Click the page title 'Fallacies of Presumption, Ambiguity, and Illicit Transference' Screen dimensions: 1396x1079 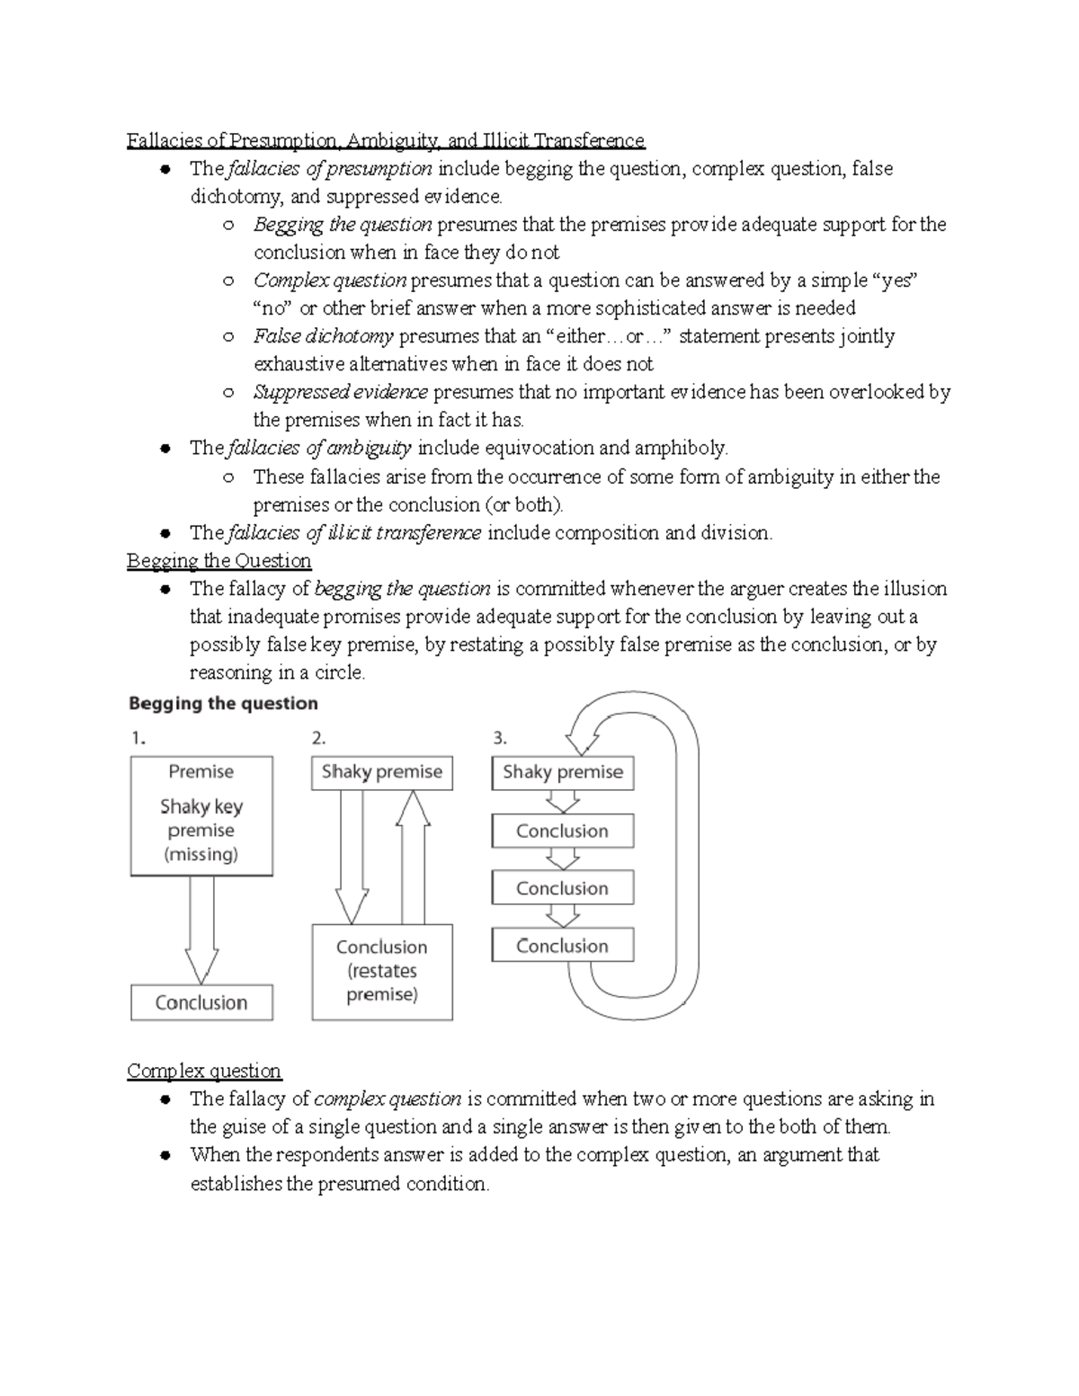coord(385,140)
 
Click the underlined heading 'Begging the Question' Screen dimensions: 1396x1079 coord(218,561)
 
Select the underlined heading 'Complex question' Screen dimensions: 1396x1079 coord(204,1071)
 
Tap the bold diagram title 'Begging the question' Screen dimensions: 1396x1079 coord(223,703)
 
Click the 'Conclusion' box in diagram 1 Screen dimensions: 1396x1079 coord(201,1002)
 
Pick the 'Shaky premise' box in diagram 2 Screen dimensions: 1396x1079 coord(382,772)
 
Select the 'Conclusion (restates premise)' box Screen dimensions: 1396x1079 coord(382,972)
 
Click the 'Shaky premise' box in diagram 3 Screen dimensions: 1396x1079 coord(563,772)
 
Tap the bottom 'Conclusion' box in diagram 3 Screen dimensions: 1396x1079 coord(563,946)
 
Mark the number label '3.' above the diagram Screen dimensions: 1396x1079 coord(500,739)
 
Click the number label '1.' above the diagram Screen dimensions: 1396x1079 coord(138,739)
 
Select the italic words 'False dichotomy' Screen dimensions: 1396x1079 coord(324,336)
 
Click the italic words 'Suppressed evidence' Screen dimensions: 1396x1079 coord(341,392)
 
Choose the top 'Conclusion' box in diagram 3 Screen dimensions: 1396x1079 coord(563,831)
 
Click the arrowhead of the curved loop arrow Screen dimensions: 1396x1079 coord(583,742)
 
